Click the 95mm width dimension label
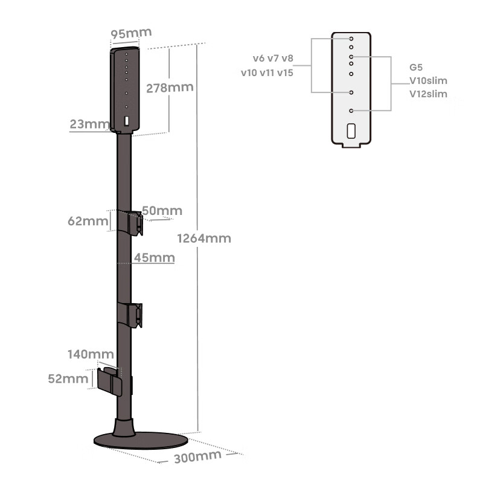(x=131, y=33)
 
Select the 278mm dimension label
(x=170, y=87)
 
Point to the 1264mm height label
(x=204, y=238)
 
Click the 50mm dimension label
(x=162, y=211)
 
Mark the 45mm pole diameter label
(x=154, y=258)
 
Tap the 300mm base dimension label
(x=197, y=456)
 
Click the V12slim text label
(x=428, y=94)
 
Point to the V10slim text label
(x=428, y=80)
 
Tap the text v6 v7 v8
(x=273, y=58)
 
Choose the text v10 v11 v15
(x=267, y=72)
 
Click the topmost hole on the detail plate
(x=351, y=39)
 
